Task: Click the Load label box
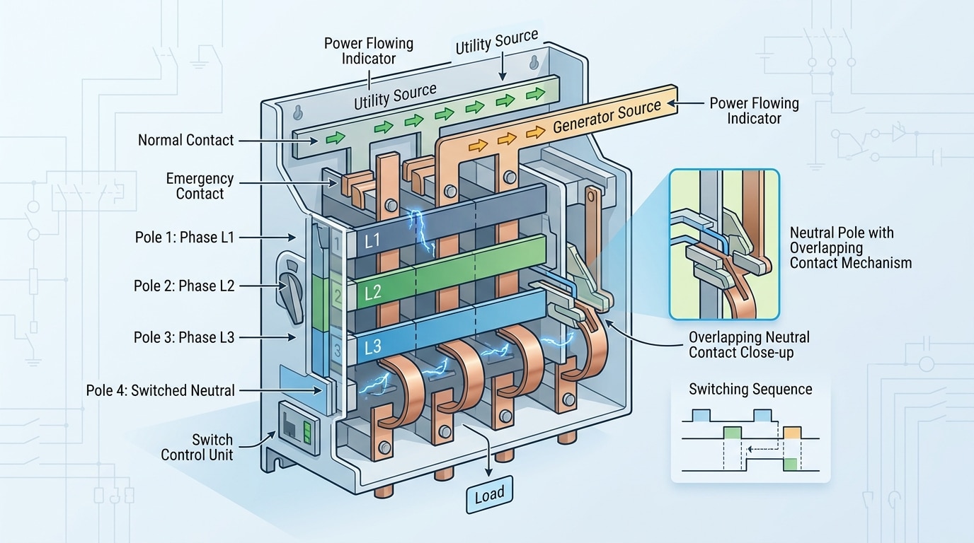[489, 494]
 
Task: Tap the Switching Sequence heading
[750, 390]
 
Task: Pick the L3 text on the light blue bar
[373, 347]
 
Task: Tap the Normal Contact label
[185, 140]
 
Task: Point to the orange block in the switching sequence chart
[792, 431]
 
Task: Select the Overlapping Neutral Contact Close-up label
[749, 345]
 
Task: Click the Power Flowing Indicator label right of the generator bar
[754, 111]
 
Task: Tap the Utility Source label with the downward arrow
[496, 43]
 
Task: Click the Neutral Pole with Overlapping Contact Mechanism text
[850, 247]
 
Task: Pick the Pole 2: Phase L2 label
[183, 286]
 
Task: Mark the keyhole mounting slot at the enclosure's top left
[298, 112]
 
